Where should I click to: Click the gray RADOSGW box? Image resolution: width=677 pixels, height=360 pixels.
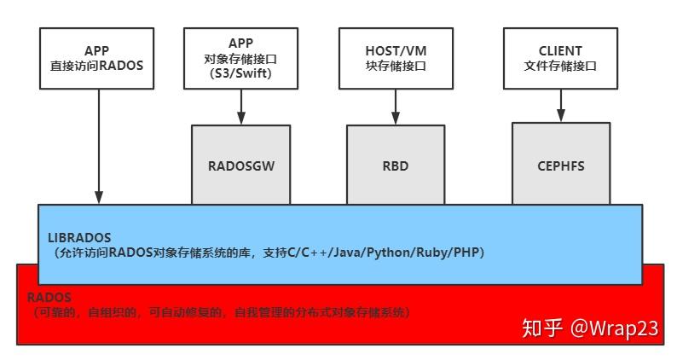point(240,165)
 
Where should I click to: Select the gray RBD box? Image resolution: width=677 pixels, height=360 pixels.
point(396,165)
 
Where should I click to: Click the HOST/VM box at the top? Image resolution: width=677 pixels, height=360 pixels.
point(396,57)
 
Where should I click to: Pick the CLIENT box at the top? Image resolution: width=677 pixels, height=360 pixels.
point(560,57)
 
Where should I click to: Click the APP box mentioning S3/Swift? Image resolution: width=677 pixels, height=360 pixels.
point(240,57)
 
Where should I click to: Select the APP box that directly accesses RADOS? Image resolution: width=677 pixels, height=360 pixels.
point(97,57)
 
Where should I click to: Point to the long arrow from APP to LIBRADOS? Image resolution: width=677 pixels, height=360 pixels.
point(99,145)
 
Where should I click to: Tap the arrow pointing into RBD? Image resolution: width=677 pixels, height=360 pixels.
point(396,106)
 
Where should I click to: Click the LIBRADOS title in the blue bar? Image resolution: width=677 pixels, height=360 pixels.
point(78,236)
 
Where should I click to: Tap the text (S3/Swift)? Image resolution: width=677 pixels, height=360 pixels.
point(240,74)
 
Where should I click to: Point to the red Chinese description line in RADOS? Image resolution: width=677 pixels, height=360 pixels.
point(217,313)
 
